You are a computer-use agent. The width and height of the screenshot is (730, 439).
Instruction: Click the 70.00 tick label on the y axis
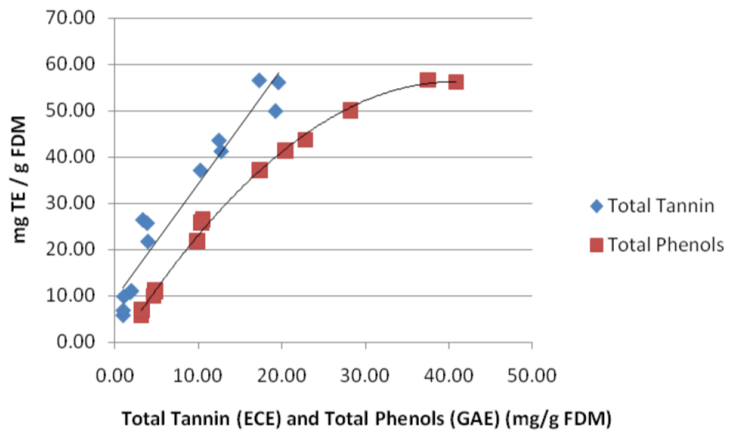[70, 18]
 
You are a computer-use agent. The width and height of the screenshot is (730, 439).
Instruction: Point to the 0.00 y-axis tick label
[76, 342]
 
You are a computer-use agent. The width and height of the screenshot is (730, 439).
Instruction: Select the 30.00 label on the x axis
[365, 376]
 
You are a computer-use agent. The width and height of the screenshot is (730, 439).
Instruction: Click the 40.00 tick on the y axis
[70, 157]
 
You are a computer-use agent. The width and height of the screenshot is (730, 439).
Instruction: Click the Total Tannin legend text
[661, 206]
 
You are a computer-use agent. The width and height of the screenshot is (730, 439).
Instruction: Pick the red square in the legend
[596, 245]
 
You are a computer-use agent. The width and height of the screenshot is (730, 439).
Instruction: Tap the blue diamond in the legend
[596, 206]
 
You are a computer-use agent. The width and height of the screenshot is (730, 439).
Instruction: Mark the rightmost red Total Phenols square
[456, 82]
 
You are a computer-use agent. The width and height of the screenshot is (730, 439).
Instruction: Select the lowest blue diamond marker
[123, 315]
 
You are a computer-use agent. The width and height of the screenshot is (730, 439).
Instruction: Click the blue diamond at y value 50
[275, 111]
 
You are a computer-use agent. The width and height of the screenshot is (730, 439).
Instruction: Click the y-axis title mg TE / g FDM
[19, 180]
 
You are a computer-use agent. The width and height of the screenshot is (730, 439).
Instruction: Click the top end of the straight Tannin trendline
[278, 73]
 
